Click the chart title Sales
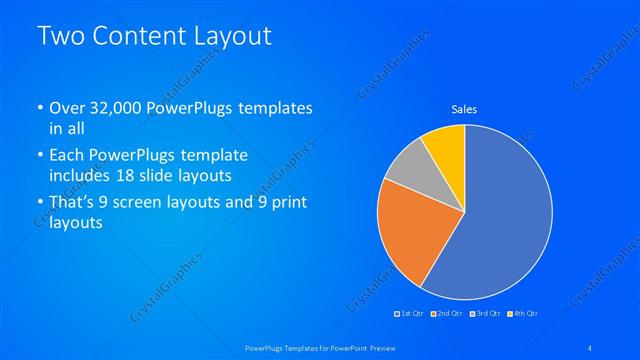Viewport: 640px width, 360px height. pyautogui.click(x=464, y=108)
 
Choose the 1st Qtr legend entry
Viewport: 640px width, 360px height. pyautogui.click(x=410, y=314)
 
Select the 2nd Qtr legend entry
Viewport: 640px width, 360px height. pyautogui.click(x=446, y=314)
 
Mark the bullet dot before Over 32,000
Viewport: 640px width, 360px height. pyautogui.click(x=39, y=108)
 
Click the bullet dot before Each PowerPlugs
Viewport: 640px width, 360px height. pyautogui.click(x=39, y=156)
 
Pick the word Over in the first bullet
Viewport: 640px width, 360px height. pyautogui.click(x=66, y=107)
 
